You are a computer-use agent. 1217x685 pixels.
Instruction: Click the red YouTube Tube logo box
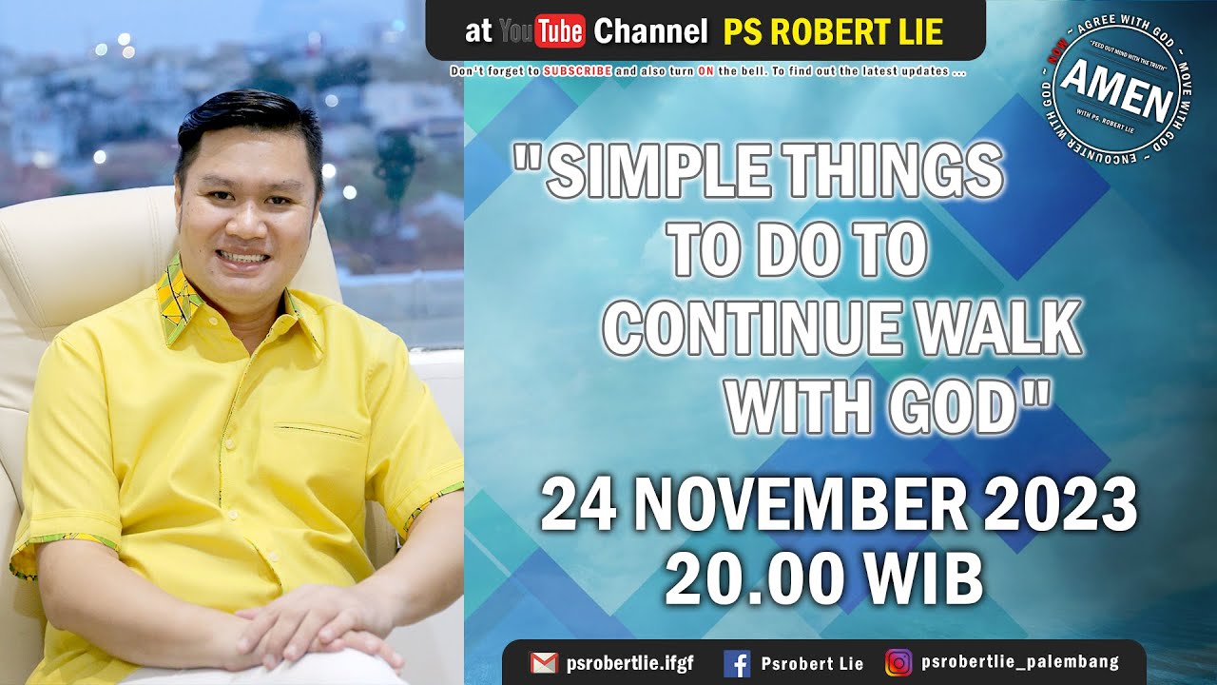tap(560, 32)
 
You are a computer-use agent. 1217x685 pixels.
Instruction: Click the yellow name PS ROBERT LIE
tap(833, 32)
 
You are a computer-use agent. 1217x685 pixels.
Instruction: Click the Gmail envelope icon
tap(544, 663)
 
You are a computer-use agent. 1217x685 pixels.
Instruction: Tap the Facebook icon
tap(736, 663)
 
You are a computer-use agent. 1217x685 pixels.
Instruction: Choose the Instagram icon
tap(898, 662)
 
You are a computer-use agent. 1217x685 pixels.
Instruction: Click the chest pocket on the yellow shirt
tap(319, 433)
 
